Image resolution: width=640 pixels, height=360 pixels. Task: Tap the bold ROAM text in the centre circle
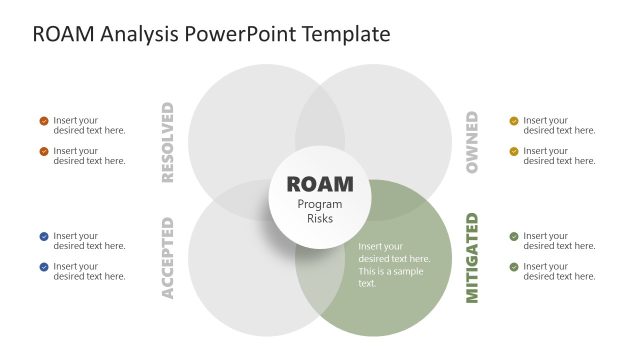coord(320,184)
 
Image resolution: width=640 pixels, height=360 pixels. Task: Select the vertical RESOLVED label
coord(167,142)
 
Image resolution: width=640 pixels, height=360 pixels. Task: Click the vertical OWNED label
coord(472,142)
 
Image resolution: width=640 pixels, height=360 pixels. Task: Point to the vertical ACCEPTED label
coord(167,257)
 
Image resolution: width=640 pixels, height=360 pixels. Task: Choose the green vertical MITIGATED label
coord(472,257)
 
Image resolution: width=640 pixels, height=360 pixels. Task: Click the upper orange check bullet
coord(44,121)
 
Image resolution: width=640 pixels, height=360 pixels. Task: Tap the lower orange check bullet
coord(44,151)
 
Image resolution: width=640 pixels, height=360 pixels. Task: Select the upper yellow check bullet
coord(514,121)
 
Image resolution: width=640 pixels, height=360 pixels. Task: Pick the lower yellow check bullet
coord(514,151)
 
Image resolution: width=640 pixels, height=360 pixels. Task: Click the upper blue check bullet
coord(44,237)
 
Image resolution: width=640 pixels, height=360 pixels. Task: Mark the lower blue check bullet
coord(44,267)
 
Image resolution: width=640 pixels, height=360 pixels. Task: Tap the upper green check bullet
coord(514,237)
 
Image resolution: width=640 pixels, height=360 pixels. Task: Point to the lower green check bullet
coord(514,267)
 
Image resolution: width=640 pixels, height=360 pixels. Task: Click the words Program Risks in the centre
coord(320,211)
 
